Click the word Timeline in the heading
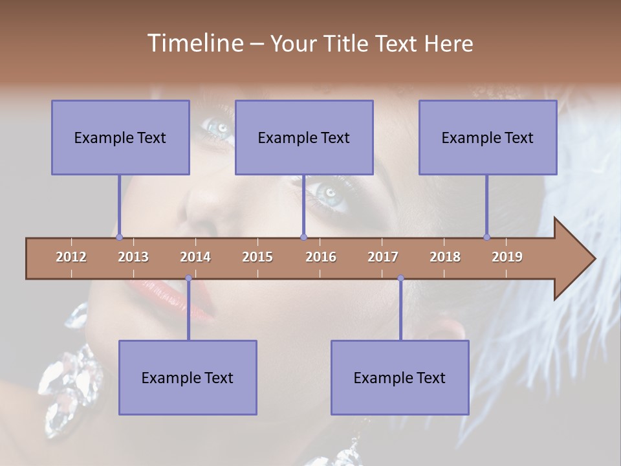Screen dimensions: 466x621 (195, 43)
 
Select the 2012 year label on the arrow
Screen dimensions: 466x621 (71, 257)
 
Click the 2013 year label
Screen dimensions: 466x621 (133, 257)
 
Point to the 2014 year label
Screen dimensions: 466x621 (195, 257)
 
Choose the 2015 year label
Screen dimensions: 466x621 (257, 257)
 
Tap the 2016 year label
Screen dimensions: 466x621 (321, 257)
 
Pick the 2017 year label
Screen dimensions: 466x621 (383, 257)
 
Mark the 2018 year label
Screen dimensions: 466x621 (445, 257)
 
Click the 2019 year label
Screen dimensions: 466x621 (507, 257)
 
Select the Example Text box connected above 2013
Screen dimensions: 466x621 (120, 137)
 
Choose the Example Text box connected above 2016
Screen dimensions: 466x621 (304, 137)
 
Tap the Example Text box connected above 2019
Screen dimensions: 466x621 (488, 137)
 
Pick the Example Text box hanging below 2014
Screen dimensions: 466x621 (188, 377)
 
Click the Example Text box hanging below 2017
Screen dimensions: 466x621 (400, 377)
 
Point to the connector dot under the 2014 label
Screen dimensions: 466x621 (188, 278)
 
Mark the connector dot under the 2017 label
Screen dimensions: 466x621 (400, 278)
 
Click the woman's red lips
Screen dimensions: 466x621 (175, 294)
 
